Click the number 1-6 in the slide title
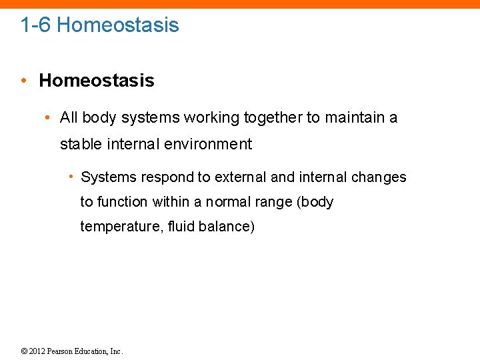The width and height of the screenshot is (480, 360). pyautogui.click(x=35, y=25)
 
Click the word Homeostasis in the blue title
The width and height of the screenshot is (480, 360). pyautogui.click(x=118, y=25)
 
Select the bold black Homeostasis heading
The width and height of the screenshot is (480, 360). pyautogui.click(x=97, y=81)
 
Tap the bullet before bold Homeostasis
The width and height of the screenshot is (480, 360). pyautogui.click(x=23, y=81)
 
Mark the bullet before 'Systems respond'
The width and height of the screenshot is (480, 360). pyautogui.click(x=70, y=177)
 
